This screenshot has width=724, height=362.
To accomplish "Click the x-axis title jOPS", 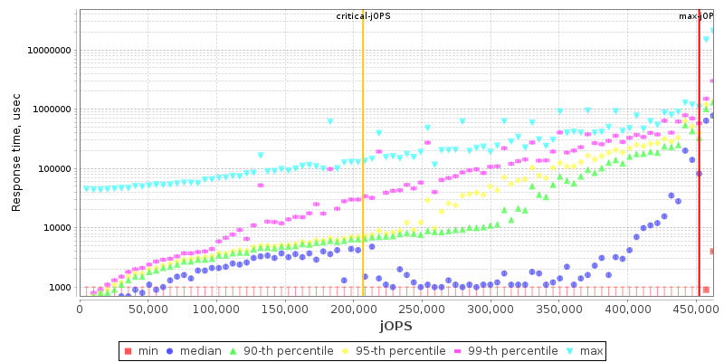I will pos(395,326).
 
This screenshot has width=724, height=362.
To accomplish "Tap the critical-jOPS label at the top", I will pos(362,16).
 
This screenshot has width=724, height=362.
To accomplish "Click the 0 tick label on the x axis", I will pos(80,309).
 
